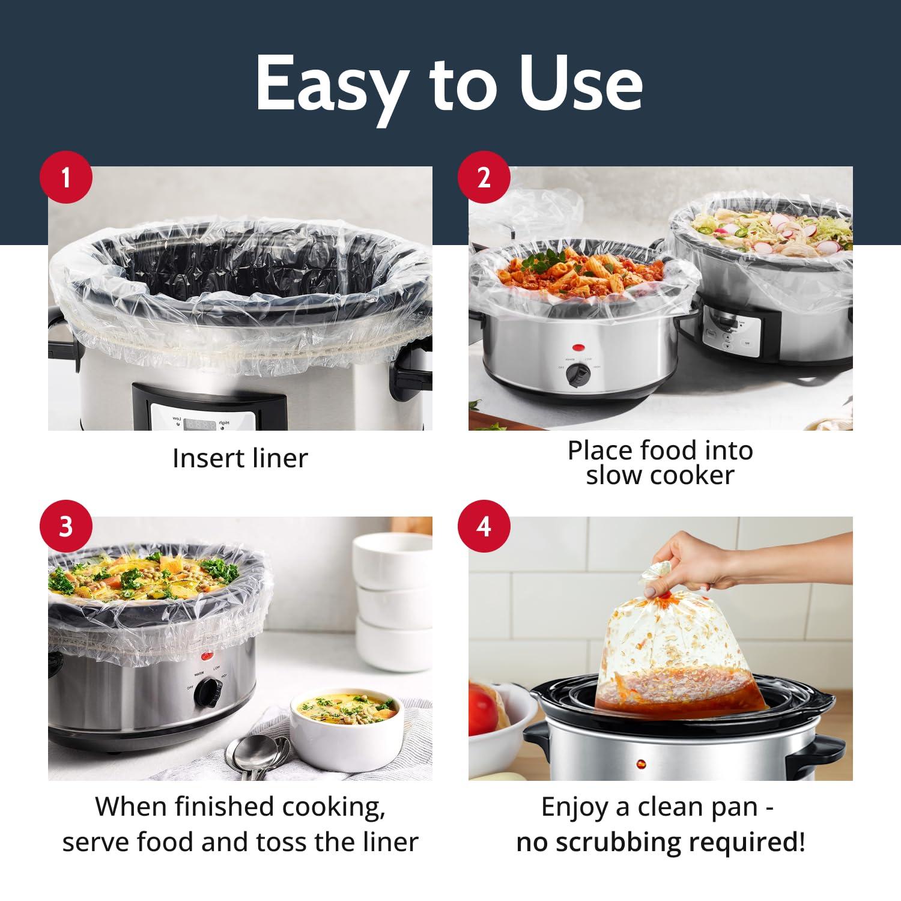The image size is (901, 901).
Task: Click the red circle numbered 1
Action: point(65,178)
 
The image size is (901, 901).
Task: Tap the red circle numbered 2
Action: point(484,178)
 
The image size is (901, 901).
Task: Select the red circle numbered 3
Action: point(65,527)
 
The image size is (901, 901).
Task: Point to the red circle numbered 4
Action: point(484,527)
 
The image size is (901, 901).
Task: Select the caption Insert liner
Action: point(240,458)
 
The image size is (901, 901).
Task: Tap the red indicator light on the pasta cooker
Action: point(578,347)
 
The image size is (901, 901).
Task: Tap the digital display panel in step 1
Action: point(198,423)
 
